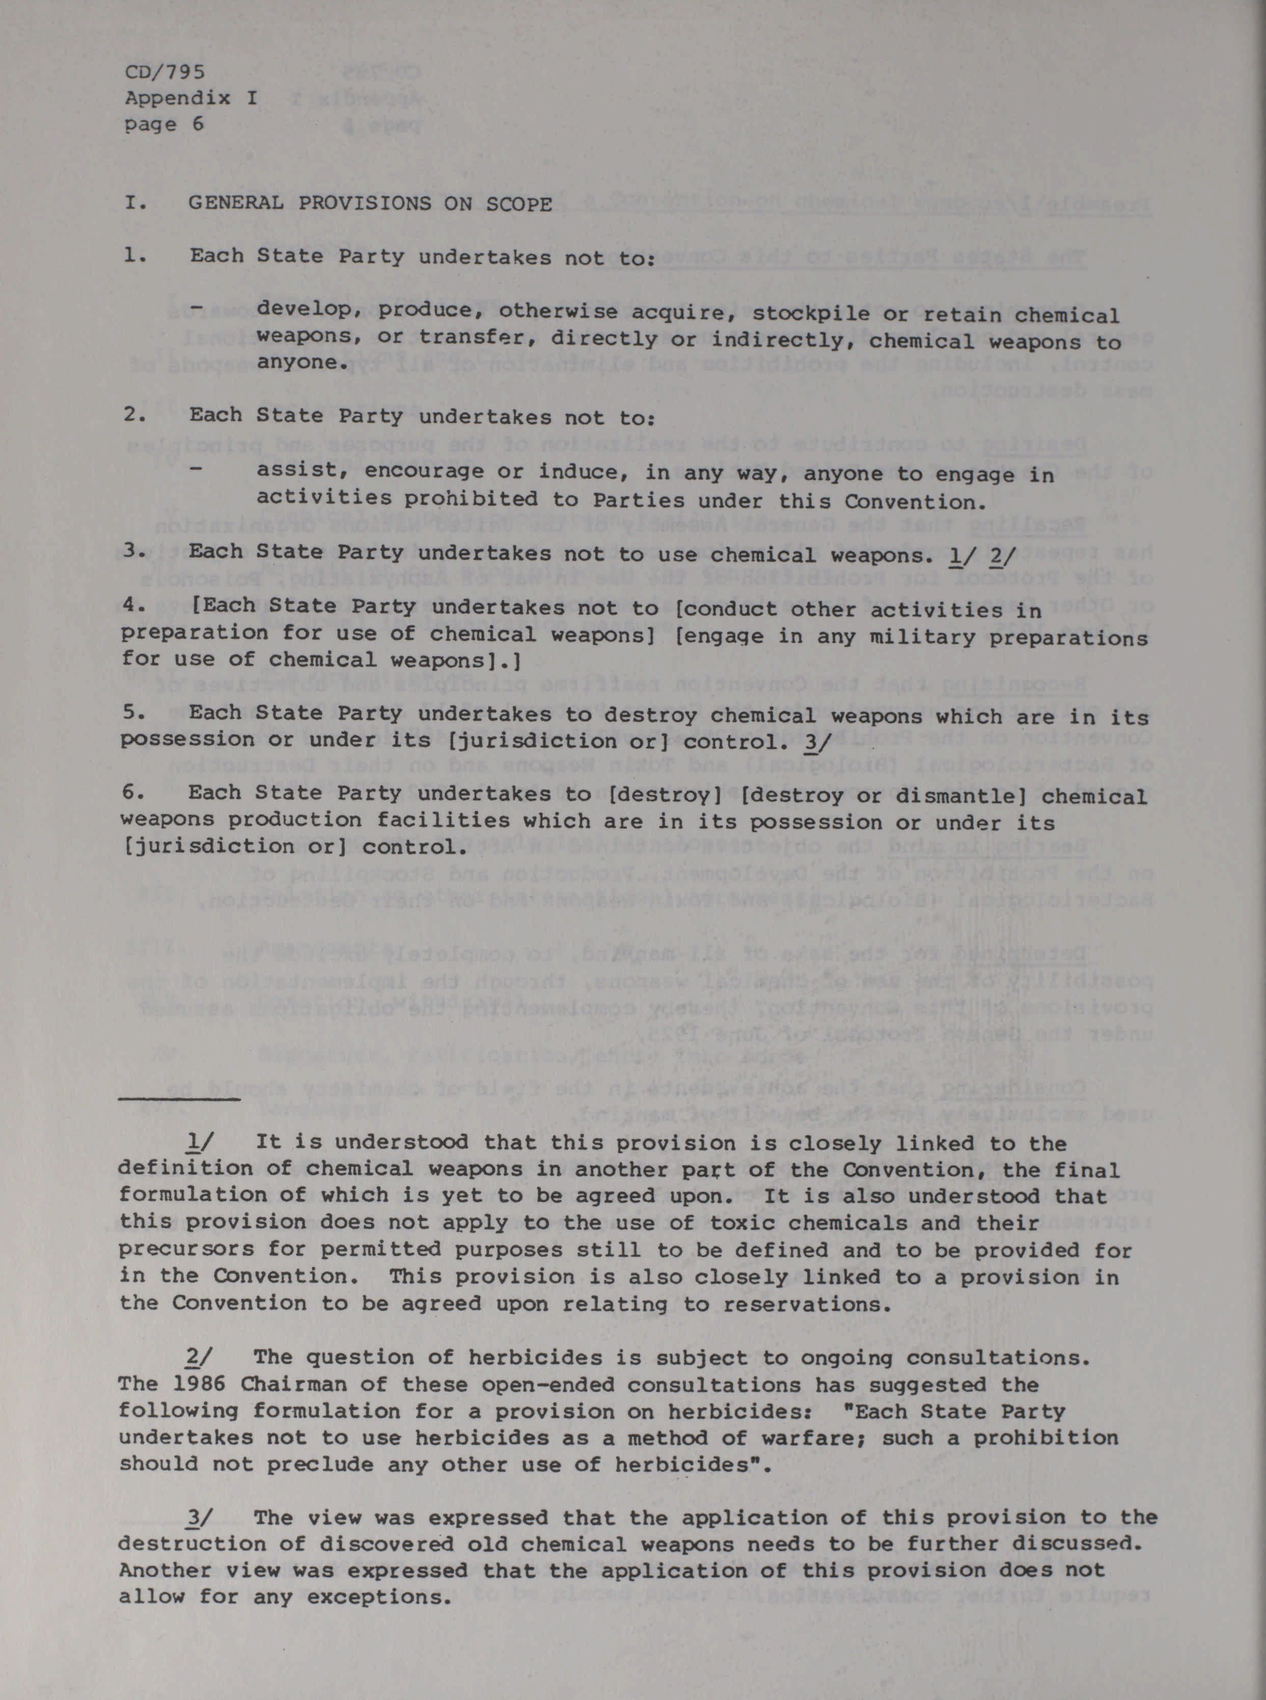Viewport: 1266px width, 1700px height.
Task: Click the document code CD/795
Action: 164,73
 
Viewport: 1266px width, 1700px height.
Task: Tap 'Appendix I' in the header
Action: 191,98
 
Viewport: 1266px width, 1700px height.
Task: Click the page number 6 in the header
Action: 198,124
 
